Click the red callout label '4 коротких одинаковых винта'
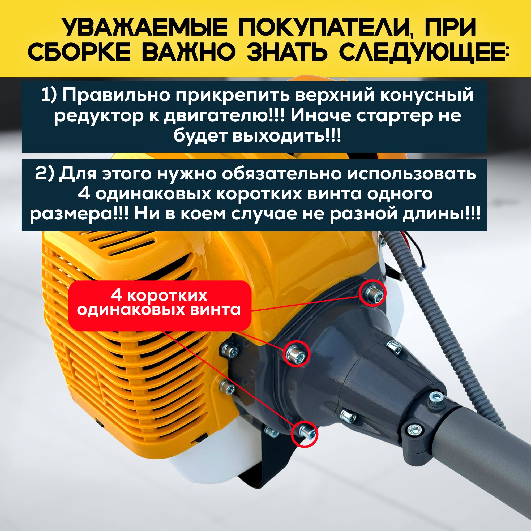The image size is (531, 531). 159,305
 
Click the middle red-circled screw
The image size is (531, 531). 297,353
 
